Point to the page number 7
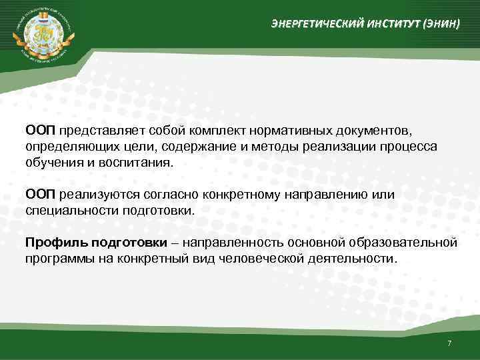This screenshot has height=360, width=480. pyautogui.click(x=449, y=343)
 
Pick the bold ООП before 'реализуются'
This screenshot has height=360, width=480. pyautogui.click(x=40, y=195)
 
